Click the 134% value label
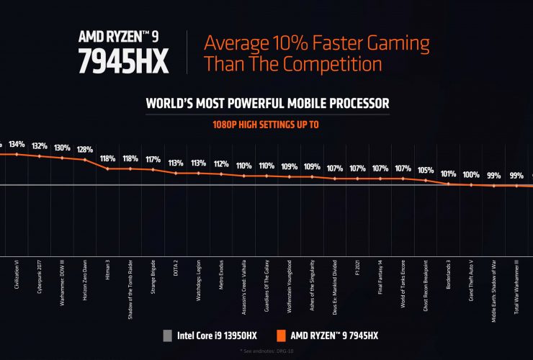pyautogui.click(x=17, y=143)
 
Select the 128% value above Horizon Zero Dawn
pyautogui.click(x=85, y=150)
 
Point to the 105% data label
pyautogui.click(x=426, y=171)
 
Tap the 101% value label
pyautogui.click(x=449, y=174)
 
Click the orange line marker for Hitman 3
pyautogui.click(x=107, y=168)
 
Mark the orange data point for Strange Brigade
pyautogui.click(x=153, y=170)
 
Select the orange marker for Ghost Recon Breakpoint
pyautogui.click(x=426, y=181)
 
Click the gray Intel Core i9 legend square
pyautogui.click(x=166, y=334)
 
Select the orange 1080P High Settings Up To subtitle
pyautogui.click(x=266, y=124)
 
